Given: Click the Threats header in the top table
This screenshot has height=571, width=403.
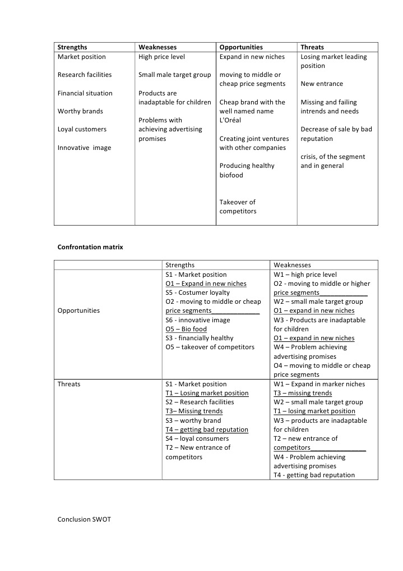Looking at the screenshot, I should click(x=312, y=47).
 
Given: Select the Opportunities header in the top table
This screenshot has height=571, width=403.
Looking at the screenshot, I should click(x=241, y=47).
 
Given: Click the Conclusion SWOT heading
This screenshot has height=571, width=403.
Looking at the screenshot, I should click(x=84, y=519).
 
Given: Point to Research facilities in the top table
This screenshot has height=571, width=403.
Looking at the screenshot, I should click(x=85, y=75).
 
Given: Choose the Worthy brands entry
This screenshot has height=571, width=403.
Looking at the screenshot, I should click(x=80, y=111).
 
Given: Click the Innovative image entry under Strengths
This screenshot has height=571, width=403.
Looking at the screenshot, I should click(x=84, y=148).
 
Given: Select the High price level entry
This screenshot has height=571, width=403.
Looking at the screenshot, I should click(x=161, y=57).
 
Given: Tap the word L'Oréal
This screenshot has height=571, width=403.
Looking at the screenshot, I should click(x=230, y=120).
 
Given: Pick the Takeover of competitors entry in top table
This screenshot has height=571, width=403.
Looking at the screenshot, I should click(x=238, y=207).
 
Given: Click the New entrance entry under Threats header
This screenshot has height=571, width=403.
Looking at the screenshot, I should click(x=322, y=84).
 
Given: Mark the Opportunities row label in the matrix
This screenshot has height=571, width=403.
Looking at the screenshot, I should click(x=78, y=310).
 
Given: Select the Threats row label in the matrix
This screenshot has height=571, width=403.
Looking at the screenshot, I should click(x=69, y=384).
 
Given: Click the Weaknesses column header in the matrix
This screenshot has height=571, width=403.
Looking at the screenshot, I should click(x=292, y=265).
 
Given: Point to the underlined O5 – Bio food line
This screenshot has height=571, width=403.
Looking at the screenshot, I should click(x=186, y=329).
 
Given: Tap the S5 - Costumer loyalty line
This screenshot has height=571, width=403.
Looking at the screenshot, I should click(x=197, y=293).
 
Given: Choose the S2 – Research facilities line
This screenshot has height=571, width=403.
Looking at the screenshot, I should click(x=200, y=402).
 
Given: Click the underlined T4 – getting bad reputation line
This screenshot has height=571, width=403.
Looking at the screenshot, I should click(x=207, y=430).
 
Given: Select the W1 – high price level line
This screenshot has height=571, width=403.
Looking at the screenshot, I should click(x=305, y=275).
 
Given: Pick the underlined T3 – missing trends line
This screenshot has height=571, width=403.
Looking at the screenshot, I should click(x=303, y=393).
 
